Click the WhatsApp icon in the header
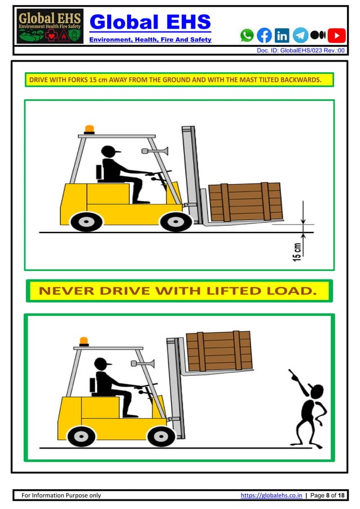(247, 36)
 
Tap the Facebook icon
(264, 36)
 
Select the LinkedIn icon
(282, 36)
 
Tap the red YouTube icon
(337, 36)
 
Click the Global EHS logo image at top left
(50, 27)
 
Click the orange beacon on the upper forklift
(89, 129)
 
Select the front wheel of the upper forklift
(176, 221)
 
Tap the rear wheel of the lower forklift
(81, 436)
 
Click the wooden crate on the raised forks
(218, 350)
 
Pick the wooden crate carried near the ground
(245, 201)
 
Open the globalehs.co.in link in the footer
(271, 495)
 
